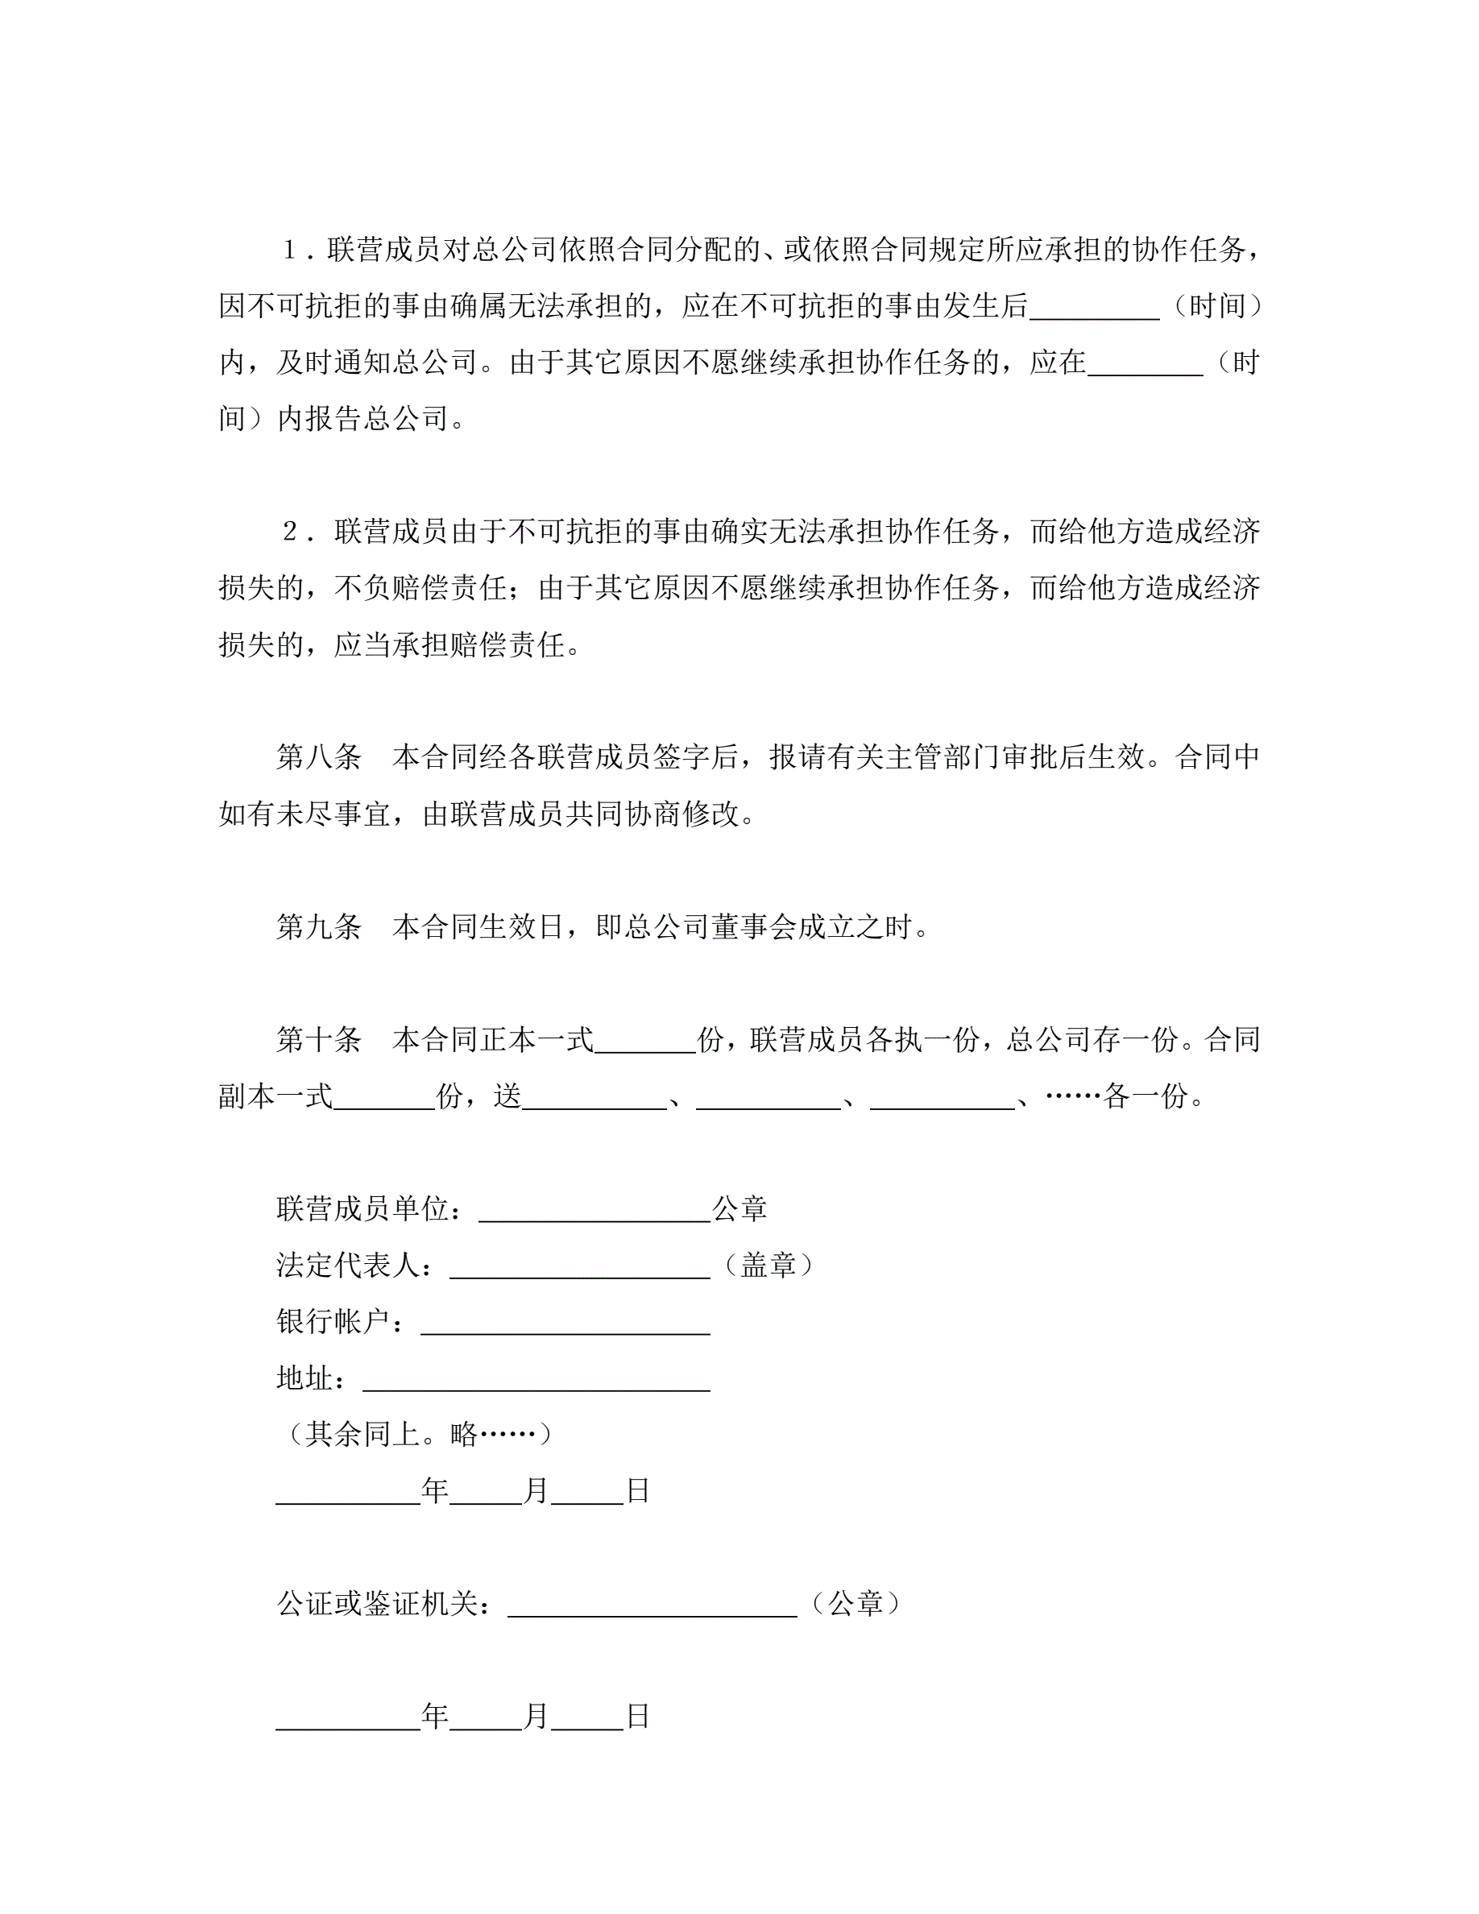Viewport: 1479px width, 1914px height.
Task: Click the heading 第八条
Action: pyautogui.click(x=318, y=757)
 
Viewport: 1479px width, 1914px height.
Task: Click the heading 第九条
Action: pyautogui.click(x=318, y=926)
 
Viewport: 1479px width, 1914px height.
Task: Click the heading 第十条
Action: pyautogui.click(x=318, y=1039)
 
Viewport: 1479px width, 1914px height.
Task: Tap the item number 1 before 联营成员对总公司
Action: pyautogui.click(x=289, y=251)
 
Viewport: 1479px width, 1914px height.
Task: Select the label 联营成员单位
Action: pyautogui.click(x=369, y=1208)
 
